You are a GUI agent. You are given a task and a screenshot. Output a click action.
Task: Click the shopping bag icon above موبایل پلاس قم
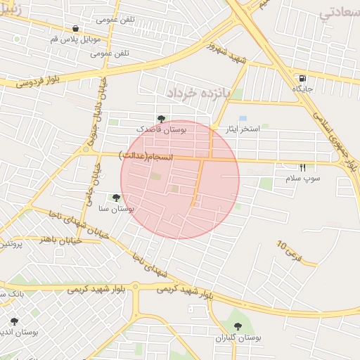point(75,29)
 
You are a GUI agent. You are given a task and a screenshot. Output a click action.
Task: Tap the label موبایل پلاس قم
point(75,39)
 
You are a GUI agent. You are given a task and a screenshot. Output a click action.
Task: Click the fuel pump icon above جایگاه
point(302,78)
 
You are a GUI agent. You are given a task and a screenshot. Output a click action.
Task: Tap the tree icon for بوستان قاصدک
point(162,119)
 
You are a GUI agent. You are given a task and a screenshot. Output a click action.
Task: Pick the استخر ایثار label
point(242,129)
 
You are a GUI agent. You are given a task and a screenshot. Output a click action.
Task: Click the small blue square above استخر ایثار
point(243,118)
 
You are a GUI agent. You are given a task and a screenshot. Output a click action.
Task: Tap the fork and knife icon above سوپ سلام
point(302,167)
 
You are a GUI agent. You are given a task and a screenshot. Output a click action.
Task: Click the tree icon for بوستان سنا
point(115,198)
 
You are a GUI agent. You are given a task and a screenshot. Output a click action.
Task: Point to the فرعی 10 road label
point(289,252)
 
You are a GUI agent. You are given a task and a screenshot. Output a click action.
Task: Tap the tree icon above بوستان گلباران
point(237,326)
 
